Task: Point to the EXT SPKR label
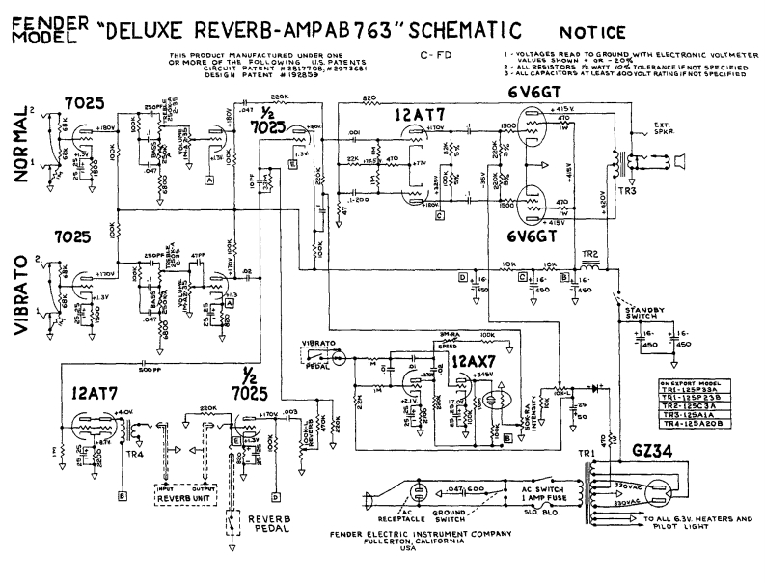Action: [658, 129]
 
